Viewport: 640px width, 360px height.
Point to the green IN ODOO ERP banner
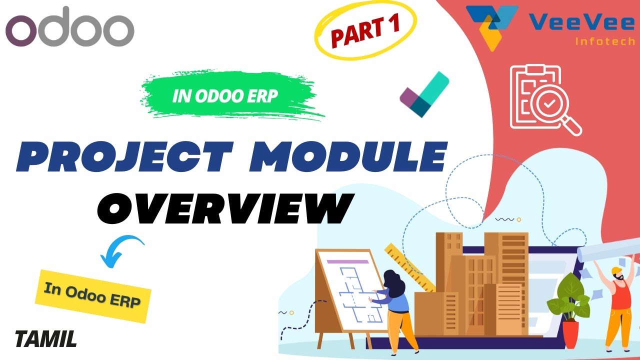click(x=225, y=96)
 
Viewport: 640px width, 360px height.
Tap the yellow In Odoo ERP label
click(x=92, y=294)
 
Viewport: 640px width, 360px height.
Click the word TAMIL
click(x=46, y=339)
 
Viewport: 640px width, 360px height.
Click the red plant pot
click(x=570, y=334)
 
